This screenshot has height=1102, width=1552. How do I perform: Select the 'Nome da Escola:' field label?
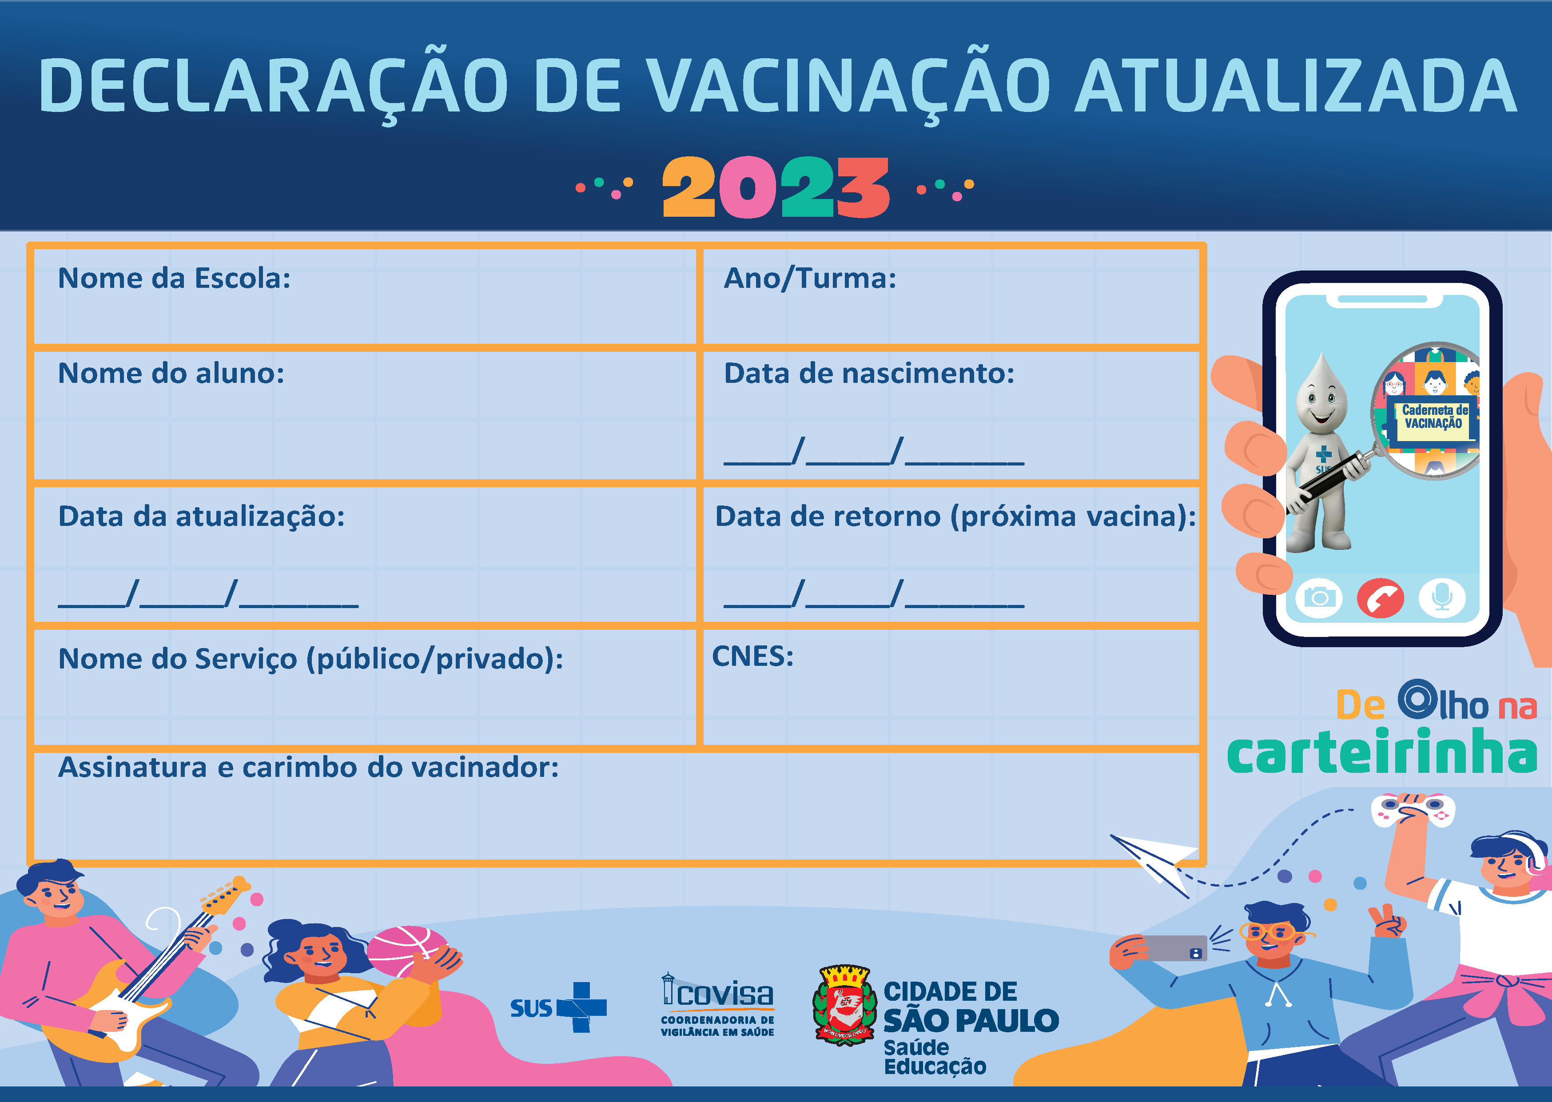click(x=175, y=278)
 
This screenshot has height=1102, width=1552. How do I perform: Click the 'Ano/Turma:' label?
click(x=810, y=278)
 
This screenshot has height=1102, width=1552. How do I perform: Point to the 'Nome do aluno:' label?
click(x=171, y=373)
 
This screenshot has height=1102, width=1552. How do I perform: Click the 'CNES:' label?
click(x=752, y=656)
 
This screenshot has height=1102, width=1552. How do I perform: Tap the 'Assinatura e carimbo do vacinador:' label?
click(x=309, y=768)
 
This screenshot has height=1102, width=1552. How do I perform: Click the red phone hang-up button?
click(x=1380, y=598)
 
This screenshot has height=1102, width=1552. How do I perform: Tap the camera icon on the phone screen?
click(x=1319, y=598)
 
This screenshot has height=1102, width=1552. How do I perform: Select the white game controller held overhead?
click(x=1413, y=810)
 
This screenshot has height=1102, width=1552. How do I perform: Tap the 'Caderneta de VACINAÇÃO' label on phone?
click(x=1434, y=417)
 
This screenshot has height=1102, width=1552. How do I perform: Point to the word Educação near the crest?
click(x=935, y=1067)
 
